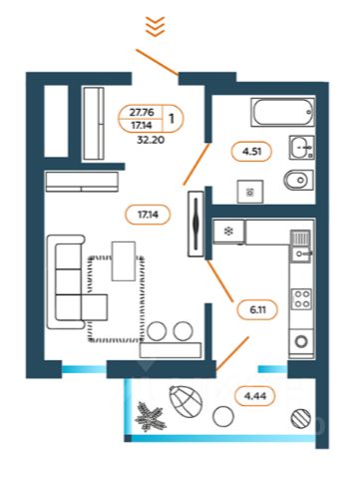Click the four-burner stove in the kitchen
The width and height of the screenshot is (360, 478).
(x=301, y=298)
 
